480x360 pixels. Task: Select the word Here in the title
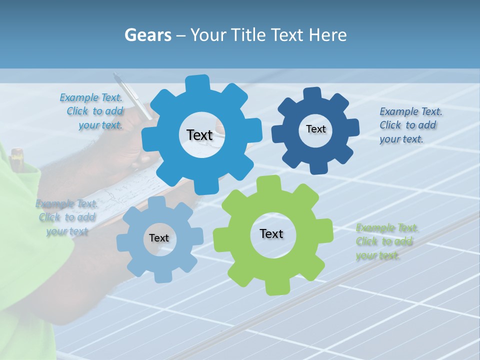(x=328, y=35)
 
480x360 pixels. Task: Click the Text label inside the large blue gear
(x=199, y=135)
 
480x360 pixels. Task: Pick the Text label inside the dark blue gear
(x=315, y=129)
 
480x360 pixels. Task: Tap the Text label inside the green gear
(x=271, y=233)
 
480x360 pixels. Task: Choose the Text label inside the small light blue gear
(x=159, y=238)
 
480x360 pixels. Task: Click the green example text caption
(x=386, y=242)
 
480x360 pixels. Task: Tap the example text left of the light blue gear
(x=66, y=217)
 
